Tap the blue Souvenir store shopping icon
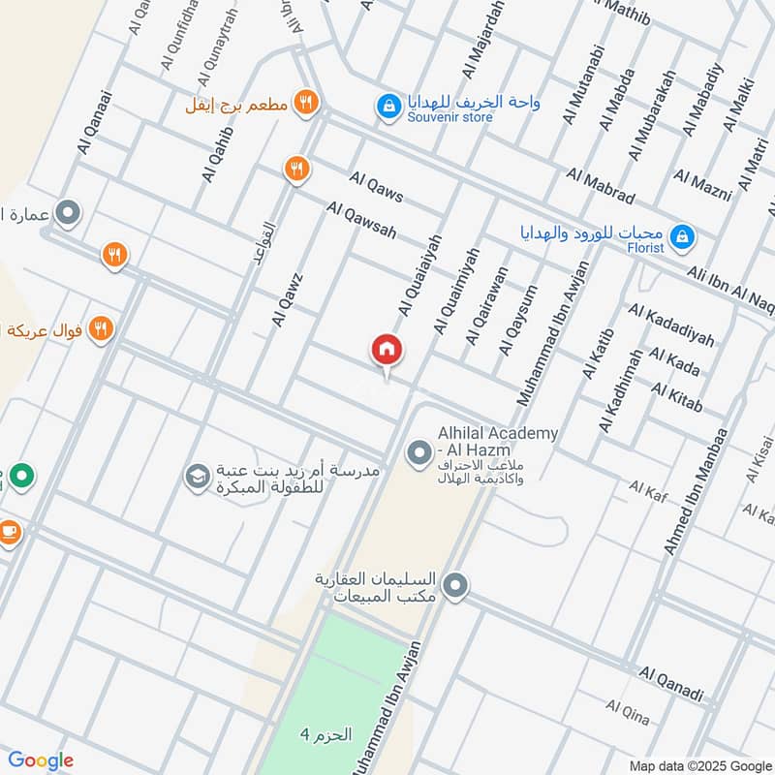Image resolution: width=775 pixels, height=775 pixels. [x=388, y=106]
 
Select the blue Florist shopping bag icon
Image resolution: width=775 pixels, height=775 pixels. [x=683, y=235]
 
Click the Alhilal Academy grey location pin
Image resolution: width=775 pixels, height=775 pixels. [x=418, y=451]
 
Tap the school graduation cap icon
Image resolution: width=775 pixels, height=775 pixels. [x=197, y=476]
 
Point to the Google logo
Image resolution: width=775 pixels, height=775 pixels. [x=41, y=760]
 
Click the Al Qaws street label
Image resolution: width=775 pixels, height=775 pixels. [x=377, y=187]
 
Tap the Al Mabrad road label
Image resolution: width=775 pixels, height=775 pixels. [x=601, y=187]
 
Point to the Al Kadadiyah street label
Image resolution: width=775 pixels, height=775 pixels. [x=670, y=325]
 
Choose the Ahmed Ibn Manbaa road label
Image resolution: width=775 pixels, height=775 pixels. [x=695, y=492]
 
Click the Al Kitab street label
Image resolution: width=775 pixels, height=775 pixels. [x=676, y=392]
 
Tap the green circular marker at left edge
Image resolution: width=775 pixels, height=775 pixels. [x=22, y=476]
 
